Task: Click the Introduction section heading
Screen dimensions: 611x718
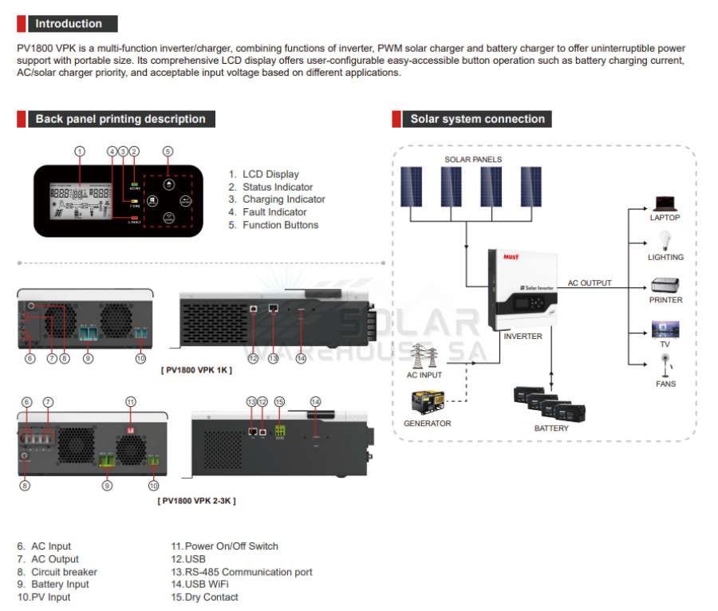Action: click(68, 24)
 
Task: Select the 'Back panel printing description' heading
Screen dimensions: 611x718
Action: click(120, 119)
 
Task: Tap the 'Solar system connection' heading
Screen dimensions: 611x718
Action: click(477, 119)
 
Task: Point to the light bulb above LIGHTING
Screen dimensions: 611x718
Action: click(665, 240)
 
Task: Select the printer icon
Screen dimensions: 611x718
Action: click(665, 285)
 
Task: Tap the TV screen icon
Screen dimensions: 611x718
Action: click(665, 329)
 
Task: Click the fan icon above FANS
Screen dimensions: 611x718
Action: click(665, 365)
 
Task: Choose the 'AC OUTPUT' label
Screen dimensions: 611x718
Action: click(590, 283)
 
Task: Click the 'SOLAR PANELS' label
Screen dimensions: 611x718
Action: click(473, 160)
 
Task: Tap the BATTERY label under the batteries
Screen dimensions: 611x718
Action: click(551, 428)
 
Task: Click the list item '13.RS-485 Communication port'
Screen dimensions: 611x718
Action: click(242, 572)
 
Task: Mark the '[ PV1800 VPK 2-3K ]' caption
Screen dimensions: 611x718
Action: click(196, 500)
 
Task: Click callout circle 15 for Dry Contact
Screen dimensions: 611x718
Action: click(279, 401)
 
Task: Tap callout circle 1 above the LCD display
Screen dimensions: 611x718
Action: click(79, 151)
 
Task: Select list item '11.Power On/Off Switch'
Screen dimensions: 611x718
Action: click(225, 546)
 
